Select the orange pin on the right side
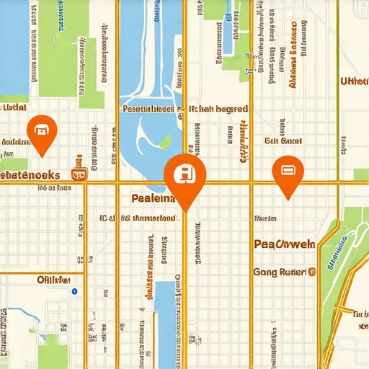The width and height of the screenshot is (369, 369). click(288, 172)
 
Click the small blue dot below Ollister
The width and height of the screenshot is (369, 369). click(74, 291)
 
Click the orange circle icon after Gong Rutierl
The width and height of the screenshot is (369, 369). click(312, 272)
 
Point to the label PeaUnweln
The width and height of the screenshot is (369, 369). click(285, 244)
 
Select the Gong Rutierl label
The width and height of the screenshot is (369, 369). click(280, 272)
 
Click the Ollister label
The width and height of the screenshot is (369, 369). click(54, 279)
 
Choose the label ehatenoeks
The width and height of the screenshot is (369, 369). click(30, 174)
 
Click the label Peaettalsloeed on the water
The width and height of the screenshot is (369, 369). click(148, 110)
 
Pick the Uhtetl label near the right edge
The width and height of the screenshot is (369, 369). click(354, 102)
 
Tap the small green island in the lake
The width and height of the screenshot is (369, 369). click(165, 141)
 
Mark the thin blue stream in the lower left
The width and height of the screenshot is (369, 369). click(22, 314)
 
